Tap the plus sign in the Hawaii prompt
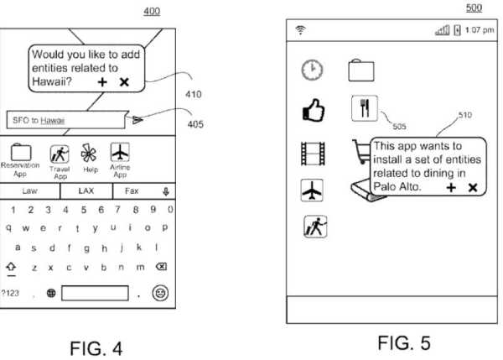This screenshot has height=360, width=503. pyautogui.click(x=102, y=81)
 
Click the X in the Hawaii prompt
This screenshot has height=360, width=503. pyautogui.click(x=124, y=81)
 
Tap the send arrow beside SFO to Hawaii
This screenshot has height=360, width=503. pyautogui.click(x=138, y=120)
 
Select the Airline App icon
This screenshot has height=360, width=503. pyautogui.click(x=121, y=153)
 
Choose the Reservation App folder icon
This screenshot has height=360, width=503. pyautogui.click(x=19, y=153)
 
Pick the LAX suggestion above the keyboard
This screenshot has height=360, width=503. pyautogui.click(x=85, y=191)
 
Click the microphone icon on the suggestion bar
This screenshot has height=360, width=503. pyautogui.click(x=166, y=191)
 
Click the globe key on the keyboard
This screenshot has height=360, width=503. pyautogui.click(x=51, y=293)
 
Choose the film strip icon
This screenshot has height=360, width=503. pyautogui.click(x=311, y=154)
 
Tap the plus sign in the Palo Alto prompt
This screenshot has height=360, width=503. pyautogui.click(x=451, y=188)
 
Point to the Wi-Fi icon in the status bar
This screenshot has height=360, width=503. pyautogui.click(x=298, y=30)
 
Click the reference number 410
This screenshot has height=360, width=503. pyautogui.click(x=193, y=94)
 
